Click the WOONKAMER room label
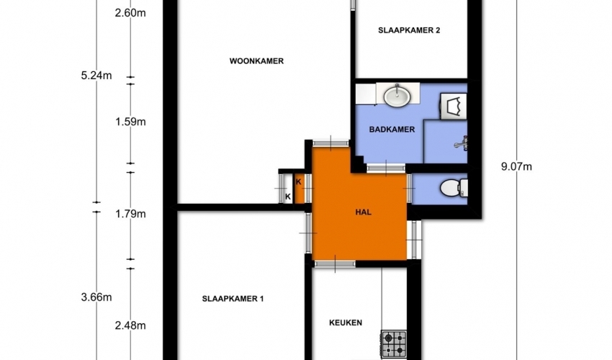[x=256, y=61]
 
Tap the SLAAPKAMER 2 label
[x=409, y=30]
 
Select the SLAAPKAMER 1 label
[x=233, y=299]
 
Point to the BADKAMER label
[x=392, y=130]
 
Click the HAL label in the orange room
[x=364, y=212]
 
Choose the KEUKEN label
[x=346, y=323]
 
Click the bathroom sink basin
[x=397, y=95]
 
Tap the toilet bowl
[x=454, y=188]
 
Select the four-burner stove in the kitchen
[x=394, y=343]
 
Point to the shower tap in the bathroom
[x=462, y=143]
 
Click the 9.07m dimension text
[x=516, y=167]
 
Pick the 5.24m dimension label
[x=96, y=76]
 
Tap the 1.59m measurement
[x=130, y=122]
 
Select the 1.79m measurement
[x=130, y=214]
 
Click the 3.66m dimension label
[x=96, y=297]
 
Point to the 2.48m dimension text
[x=130, y=325]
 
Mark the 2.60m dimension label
[x=130, y=13]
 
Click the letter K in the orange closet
[x=299, y=182]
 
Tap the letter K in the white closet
[x=288, y=197]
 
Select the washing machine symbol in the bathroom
[x=453, y=107]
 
